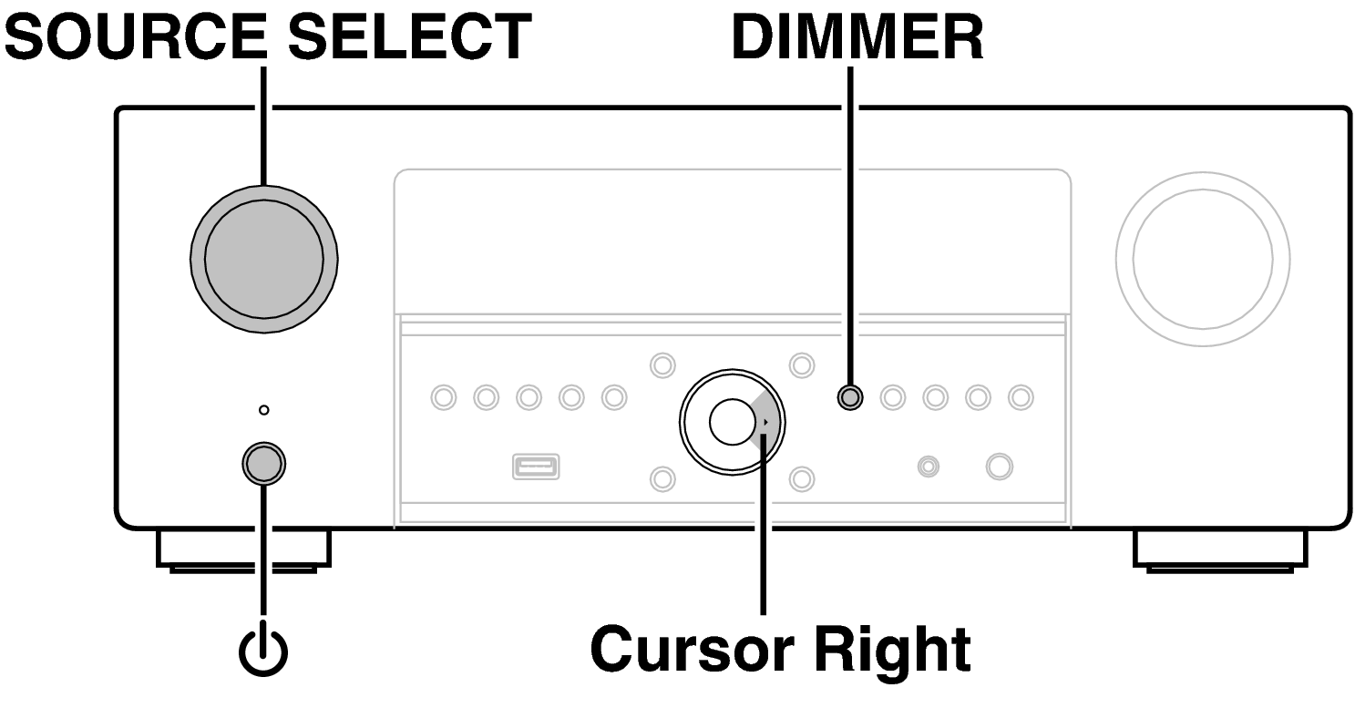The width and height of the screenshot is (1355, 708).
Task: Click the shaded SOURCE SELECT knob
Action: click(263, 259)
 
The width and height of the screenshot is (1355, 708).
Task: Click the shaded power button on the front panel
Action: click(263, 463)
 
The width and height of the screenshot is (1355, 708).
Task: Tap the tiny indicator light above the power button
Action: click(263, 411)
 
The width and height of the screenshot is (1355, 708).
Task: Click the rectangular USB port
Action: click(537, 467)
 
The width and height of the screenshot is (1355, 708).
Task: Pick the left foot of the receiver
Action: click(243, 549)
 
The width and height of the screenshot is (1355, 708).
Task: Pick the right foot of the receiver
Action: click(1220, 549)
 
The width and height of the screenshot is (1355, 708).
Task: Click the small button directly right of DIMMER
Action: click(893, 396)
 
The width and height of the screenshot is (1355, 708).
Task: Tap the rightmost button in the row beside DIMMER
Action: click(1021, 396)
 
